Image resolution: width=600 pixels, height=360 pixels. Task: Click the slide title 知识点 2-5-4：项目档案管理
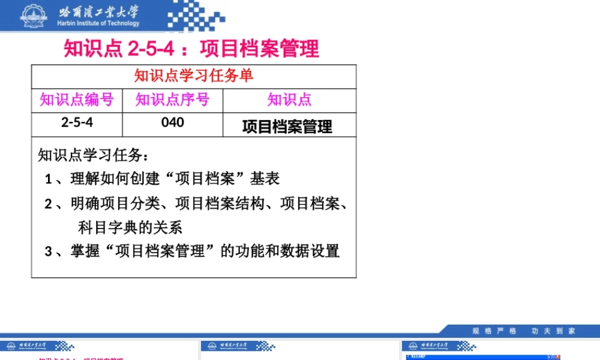point(191,49)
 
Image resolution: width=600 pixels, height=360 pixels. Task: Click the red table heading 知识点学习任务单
point(193,76)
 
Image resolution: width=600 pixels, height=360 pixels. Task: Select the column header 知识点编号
point(77,100)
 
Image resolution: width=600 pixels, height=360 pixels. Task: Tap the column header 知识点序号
point(172,100)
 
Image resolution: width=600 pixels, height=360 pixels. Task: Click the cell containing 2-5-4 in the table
point(77,123)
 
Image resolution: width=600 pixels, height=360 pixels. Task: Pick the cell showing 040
point(172,123)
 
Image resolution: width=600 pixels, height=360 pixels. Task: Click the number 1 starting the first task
point(48,179)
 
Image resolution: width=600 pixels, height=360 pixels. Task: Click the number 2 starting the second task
point(48,204)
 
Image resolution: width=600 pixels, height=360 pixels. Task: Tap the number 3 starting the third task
point(48,251)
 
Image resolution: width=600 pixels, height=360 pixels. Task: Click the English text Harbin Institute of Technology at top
point(98,24)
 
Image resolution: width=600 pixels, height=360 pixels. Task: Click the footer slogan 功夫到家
point(553,331)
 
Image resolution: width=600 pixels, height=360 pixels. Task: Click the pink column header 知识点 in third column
point(289,100)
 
